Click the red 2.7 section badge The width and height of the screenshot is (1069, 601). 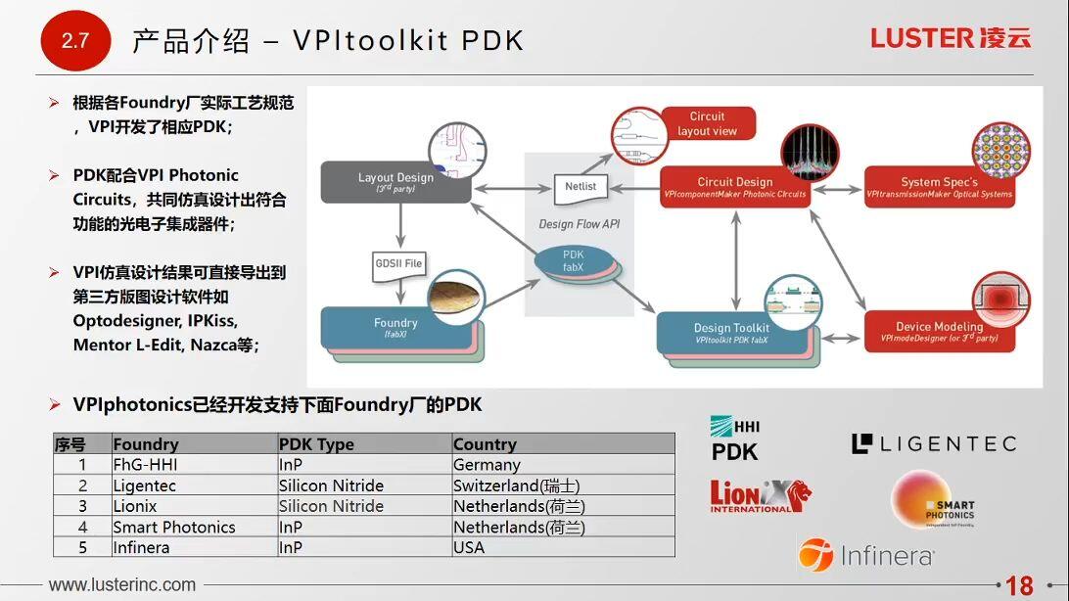[x=74, y=41]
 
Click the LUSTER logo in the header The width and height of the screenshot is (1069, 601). [x=950, y=38]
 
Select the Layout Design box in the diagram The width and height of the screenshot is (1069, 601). [x=395, y=183]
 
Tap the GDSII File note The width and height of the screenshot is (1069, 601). [x=399, y=264]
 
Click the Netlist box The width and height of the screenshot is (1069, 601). [x=581, y=187]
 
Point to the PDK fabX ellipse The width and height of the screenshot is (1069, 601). [x=574, y=261]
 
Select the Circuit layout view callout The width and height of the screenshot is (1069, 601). [x=707, y=124]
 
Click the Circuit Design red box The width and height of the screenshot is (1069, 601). [x=734, y=187]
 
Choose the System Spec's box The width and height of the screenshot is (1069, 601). [x=938, y=187]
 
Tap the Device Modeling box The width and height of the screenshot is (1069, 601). [x=938, y=332]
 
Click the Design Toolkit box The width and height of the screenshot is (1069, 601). [x=731, y=333]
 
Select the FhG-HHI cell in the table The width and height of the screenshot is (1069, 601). [x=145, y=465]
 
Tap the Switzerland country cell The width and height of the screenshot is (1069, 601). [x=516, y=485]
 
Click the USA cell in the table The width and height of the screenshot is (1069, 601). [x=469, y=547]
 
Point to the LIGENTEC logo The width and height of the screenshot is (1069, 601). [x=934, y=444]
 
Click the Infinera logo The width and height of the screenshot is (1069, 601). [x=865, y=556]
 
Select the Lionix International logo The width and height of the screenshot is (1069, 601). [x=759, y=495]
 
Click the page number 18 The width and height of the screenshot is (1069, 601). [x=1019, y=585]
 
